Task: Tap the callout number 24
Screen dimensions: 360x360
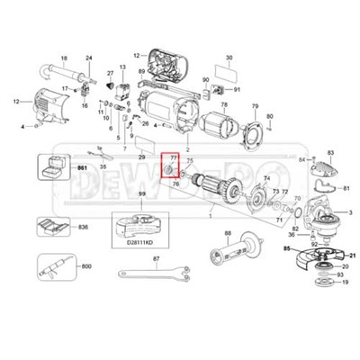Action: (x=89, y=58)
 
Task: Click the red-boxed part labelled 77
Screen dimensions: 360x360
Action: (x=167, y=167)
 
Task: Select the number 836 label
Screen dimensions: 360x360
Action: (x=82, y=228)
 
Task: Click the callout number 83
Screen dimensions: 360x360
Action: (x=330, y=154)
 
